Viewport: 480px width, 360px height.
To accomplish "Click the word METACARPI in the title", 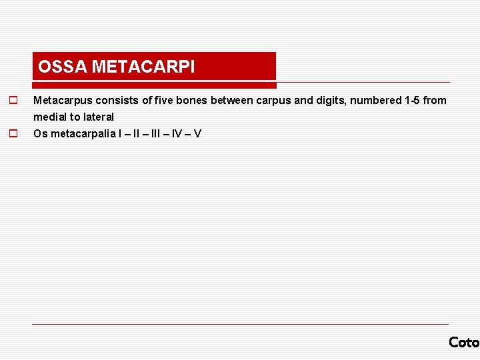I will (143, 67).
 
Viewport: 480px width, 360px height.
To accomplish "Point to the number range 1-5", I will (412, 101).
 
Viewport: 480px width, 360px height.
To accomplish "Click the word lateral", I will (97, 117).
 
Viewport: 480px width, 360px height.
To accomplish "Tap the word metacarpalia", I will (82, 133).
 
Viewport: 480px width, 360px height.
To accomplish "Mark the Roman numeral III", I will (155, 133).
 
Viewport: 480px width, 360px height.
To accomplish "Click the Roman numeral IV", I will (178, 133).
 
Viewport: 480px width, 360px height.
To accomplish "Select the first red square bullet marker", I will (12, 101).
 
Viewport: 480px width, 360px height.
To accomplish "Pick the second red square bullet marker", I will (12, 133).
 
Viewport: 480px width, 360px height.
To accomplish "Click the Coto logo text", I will (464, 342).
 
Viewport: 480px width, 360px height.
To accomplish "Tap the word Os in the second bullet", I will (40, 133).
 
